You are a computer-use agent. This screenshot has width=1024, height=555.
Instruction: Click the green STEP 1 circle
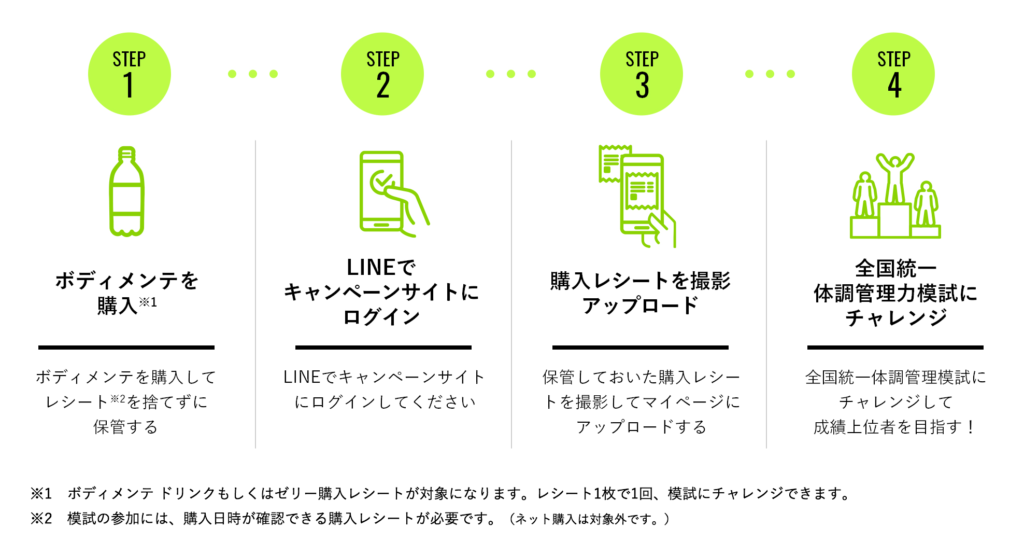[x=129, y=74]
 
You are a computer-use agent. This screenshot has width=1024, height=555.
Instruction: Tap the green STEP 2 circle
[x=382, y=74]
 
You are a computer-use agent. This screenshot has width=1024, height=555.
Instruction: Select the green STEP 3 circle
[x=642, y=74]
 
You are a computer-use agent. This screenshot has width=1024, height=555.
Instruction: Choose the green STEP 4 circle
[x=893, y=74]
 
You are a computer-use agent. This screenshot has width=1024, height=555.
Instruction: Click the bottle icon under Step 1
[x=126, y=191]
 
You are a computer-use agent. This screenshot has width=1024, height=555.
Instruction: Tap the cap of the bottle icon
[x=126, y=154]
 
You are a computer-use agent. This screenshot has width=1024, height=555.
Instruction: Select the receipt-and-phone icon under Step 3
[x=637, y=196]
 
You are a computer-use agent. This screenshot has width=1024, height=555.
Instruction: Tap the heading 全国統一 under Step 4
[x=895, y=268]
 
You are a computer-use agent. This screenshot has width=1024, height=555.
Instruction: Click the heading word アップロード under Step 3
[x=641, y=306]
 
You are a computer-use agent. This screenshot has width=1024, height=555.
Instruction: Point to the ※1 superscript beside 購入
[x=148, y=302]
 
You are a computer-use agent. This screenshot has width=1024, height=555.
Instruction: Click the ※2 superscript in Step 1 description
[x=118, y=398]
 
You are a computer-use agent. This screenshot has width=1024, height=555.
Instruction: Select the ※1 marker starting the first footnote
[x=41, y=493]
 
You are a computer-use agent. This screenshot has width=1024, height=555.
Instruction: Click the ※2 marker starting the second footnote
[x=41, y=518]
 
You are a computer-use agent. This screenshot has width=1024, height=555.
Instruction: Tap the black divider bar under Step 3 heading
[x=641, y=347]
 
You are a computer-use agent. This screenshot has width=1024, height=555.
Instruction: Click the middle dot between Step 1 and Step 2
[x=253, y=74]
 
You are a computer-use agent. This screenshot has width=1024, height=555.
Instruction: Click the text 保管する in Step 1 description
[x=125, y=427]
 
